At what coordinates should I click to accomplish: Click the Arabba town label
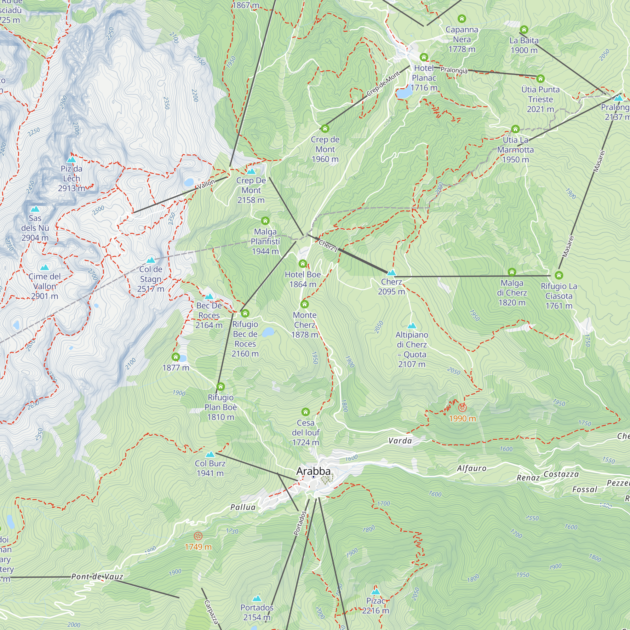[313, 471]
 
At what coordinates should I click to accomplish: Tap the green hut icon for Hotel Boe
[303, 263]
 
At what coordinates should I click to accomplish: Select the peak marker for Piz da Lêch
[71, 159]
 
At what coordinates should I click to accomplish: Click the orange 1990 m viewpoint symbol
[462, 408]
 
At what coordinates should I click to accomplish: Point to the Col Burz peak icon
[210, 454]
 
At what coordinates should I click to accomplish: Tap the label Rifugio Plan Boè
[220, 407]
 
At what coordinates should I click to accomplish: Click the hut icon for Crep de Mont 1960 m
[325, 129]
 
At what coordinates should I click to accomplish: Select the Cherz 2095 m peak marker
[391, 272]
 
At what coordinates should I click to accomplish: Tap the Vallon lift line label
[206, 184]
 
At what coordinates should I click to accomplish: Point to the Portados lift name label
[300, 523]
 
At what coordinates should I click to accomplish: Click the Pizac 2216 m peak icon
[376, 592]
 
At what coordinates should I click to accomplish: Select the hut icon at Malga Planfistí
[265, 221]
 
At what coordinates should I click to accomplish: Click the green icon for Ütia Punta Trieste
[540, 78]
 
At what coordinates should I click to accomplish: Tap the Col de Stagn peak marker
[151, 260]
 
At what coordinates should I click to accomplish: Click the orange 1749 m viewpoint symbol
[198, 536]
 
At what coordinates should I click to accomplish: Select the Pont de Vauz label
[97, 576]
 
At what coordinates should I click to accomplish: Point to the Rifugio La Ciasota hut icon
[558, 275]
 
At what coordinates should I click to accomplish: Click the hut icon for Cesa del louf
[305, 411]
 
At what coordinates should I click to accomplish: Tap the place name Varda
[400, 441]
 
